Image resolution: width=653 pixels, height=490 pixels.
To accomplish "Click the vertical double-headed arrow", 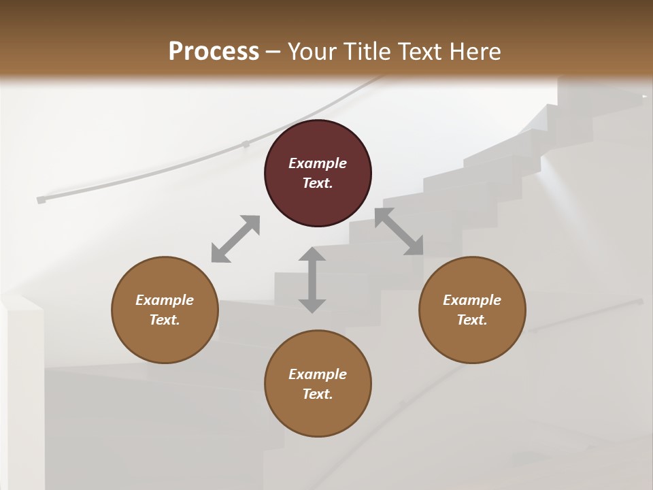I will coord(312,280).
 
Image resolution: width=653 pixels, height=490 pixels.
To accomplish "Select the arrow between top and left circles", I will coord(235,238).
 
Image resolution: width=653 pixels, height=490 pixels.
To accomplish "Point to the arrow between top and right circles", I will coord(399,231).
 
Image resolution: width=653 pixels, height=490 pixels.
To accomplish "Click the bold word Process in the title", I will coord(214,51).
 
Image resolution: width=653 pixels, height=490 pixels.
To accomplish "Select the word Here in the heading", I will coord(475,51).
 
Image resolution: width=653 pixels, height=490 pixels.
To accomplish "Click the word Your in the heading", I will coord(312,51).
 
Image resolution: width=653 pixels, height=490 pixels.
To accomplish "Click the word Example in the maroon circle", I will coord(318,163).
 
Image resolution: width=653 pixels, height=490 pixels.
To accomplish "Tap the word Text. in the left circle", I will coord(165,320).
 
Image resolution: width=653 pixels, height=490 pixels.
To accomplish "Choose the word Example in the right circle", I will coord(472,300).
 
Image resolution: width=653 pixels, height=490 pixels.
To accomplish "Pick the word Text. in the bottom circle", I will coord(318,394).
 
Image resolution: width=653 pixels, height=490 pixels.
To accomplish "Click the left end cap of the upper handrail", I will coord(41,200).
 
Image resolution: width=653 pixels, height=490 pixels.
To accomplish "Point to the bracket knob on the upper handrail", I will coord(246,144).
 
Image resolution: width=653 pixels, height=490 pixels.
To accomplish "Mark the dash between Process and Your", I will coord(273,52).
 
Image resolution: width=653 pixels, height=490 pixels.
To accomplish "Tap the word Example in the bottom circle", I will coord(318,374).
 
